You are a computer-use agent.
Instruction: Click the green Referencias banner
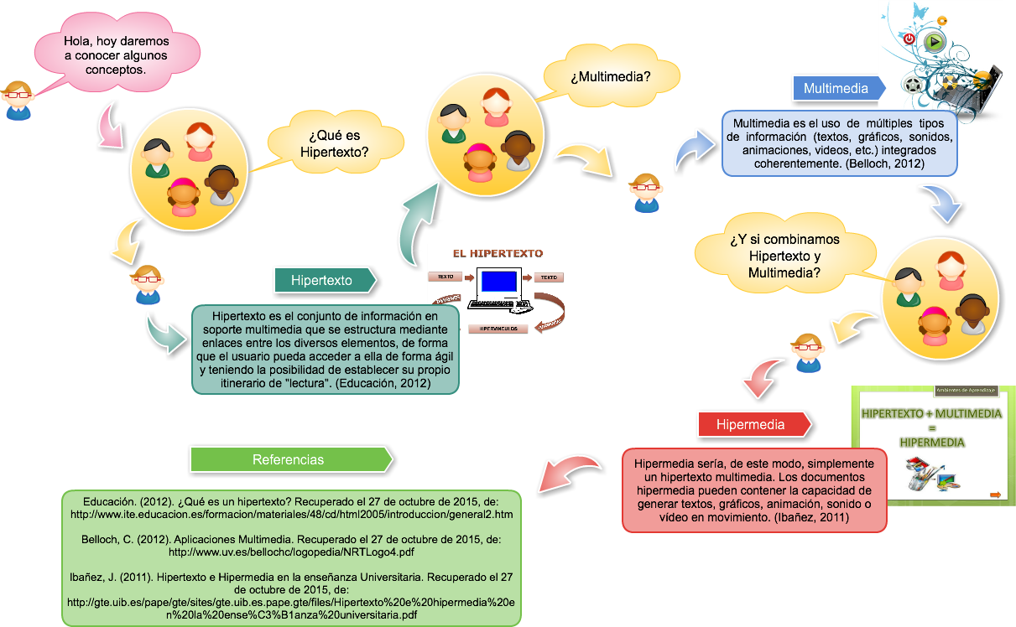pyautogui.click(x=290, y=459)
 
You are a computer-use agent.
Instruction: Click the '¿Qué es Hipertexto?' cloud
pyautogui.click(x=334, y=143)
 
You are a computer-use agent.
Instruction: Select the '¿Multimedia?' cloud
pyautogui.click(x=611, y=77)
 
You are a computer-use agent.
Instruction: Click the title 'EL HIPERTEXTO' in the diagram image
pyautogui.click(x=498, y=253)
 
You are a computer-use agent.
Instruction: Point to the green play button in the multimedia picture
pyautogui.click(x=934, y=42)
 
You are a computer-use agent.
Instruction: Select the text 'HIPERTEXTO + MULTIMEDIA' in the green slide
pyautogui.click(x=931, y=413)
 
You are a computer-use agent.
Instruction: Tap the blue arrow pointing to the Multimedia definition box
pyautogui.click(x=695, y=148)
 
